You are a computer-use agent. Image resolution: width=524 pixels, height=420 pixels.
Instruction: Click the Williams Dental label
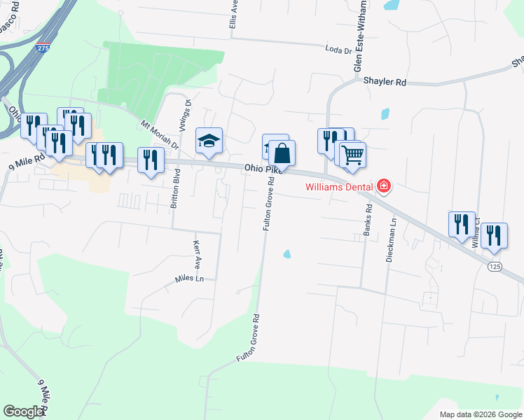(x=339, y=187)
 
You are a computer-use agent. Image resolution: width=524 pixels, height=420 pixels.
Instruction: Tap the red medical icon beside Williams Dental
(x=384, y=186)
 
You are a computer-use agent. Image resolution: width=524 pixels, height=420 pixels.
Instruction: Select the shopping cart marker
(x=352, y=153)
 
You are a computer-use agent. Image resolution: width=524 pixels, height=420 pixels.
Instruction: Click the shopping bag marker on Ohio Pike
(x=282, y=153)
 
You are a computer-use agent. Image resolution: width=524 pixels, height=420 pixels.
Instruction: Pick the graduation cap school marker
(x=209, y=141)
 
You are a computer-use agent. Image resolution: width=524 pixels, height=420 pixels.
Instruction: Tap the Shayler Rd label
(x=385, y=82)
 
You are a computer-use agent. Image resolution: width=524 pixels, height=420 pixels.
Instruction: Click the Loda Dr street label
(x=341, y=49)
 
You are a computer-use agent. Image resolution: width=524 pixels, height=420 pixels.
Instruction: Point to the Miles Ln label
(x=189, y=279)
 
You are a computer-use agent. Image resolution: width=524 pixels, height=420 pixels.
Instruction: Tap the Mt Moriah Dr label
(x=160, y=136)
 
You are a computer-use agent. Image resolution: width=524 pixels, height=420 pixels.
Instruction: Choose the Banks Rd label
(x=367, y=220)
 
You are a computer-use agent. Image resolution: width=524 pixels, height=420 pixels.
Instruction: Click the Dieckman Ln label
(x=392, y=240)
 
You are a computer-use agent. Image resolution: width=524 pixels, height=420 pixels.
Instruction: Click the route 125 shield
(x=495, y=266)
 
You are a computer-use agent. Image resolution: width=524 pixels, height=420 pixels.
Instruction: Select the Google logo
(x=23, y=412)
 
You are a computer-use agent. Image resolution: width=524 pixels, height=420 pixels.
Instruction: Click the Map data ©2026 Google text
(x=480, y=414)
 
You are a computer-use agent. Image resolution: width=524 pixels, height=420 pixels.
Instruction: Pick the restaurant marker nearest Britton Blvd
(x=151, y=160)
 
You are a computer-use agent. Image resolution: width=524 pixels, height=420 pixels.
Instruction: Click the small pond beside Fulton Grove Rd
(x=287, y=254)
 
